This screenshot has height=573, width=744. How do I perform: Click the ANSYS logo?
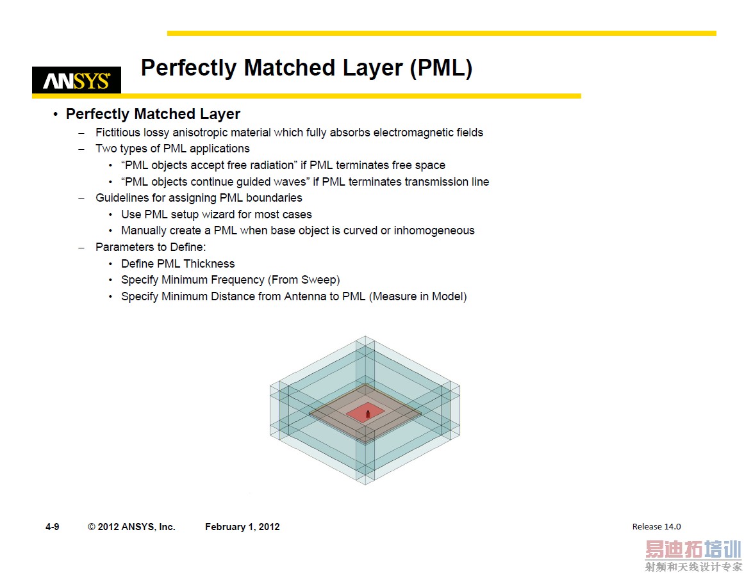[76, 81]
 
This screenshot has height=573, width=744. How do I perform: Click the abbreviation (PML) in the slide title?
[441, 68]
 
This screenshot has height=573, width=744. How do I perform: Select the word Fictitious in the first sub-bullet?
[117, 133]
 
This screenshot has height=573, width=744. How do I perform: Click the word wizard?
[218, 214]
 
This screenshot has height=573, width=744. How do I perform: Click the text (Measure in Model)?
[418, 296]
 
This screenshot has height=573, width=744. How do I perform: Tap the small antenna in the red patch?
[367, 414]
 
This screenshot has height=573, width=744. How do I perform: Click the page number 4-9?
[53, 527]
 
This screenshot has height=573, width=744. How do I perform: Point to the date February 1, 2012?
[242, 527]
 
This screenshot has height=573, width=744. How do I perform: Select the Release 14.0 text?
[656, 527]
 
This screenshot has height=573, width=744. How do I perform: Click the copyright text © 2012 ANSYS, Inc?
[131, 527]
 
